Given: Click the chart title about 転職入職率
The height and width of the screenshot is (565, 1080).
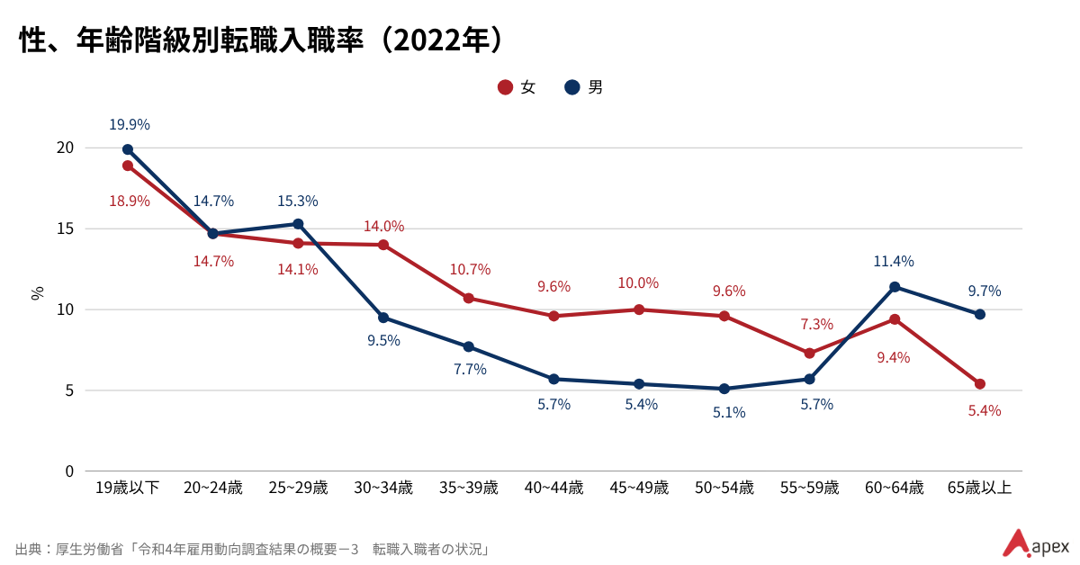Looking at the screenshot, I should [x=261, y=41].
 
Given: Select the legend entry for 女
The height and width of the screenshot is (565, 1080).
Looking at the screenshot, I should [x=517, y=87].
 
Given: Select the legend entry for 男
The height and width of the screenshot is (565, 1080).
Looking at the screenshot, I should [x=584, y=87].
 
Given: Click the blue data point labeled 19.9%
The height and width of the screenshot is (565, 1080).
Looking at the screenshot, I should [x=128, y=149].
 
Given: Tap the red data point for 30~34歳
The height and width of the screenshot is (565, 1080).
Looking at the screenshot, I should [x=383, y=245].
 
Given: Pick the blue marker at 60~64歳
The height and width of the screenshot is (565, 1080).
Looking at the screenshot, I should [x=895, y=287].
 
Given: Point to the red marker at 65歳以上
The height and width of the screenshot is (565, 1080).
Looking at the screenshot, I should [x=980, y=384].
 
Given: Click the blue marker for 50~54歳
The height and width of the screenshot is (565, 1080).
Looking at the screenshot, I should [x=724, y=389].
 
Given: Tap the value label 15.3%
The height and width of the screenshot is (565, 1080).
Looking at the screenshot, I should [x=298, y=202].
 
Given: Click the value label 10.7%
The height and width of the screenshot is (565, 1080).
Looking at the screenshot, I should [x=470, y=270].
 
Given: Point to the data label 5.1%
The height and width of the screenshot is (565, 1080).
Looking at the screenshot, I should [x=728, y=413].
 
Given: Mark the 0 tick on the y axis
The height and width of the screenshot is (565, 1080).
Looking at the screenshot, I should [x=68, y=471].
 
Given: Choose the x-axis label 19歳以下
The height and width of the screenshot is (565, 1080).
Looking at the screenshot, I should [x=128, y=489].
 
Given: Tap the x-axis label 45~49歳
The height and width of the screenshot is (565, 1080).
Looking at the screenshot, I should [x=639, y=489].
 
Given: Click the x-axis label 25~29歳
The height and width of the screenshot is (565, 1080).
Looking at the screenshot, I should [x=298, y=489].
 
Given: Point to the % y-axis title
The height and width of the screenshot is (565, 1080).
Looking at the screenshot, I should [x=38, y=292].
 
